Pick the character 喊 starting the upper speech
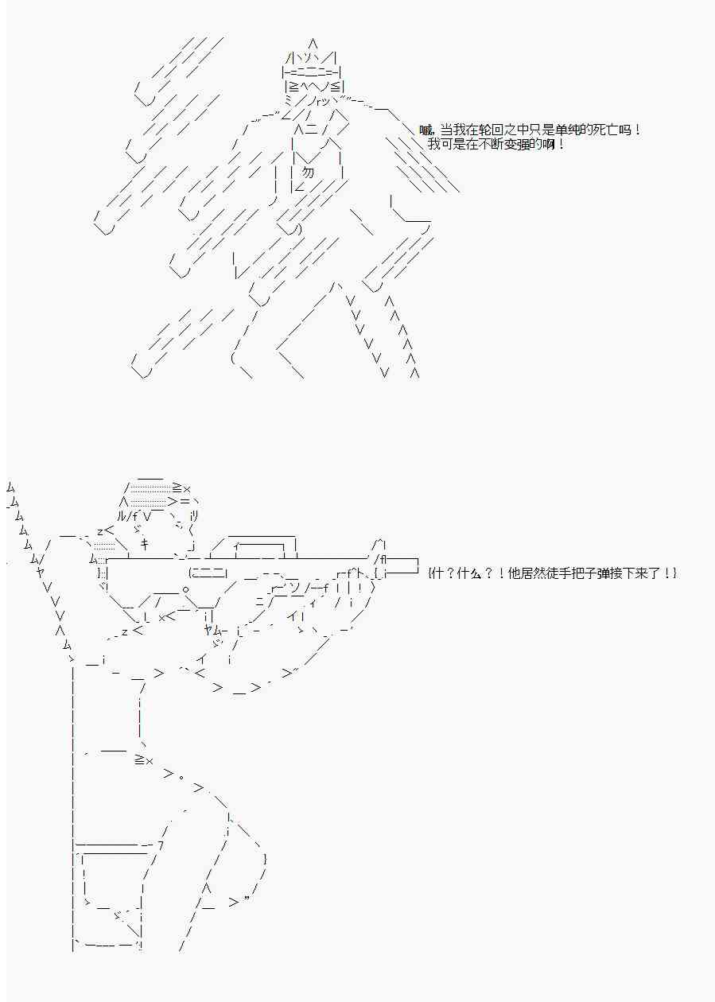(426, 130)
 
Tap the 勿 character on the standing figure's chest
(308, 173)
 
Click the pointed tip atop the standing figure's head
(313, 43)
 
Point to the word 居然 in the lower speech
(519, 573)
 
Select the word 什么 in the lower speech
(468, 573)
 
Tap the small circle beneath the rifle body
(185, 589)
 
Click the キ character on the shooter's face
(145, 544)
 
